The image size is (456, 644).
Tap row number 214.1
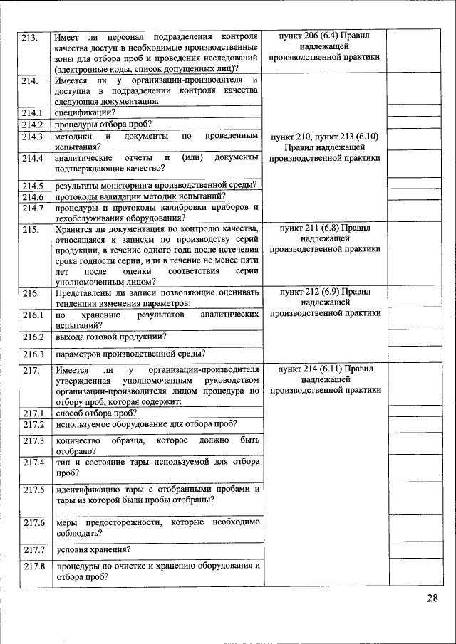(32, 112)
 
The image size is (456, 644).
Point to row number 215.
(29, 229)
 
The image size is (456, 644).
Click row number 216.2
(32, 337)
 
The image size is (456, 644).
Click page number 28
(432, 598)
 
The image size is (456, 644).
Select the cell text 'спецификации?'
(85, 112)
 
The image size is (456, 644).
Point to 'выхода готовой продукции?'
(110, 337)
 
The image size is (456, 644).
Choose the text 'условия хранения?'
(93, 549)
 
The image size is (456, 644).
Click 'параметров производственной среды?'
(130, 354)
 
